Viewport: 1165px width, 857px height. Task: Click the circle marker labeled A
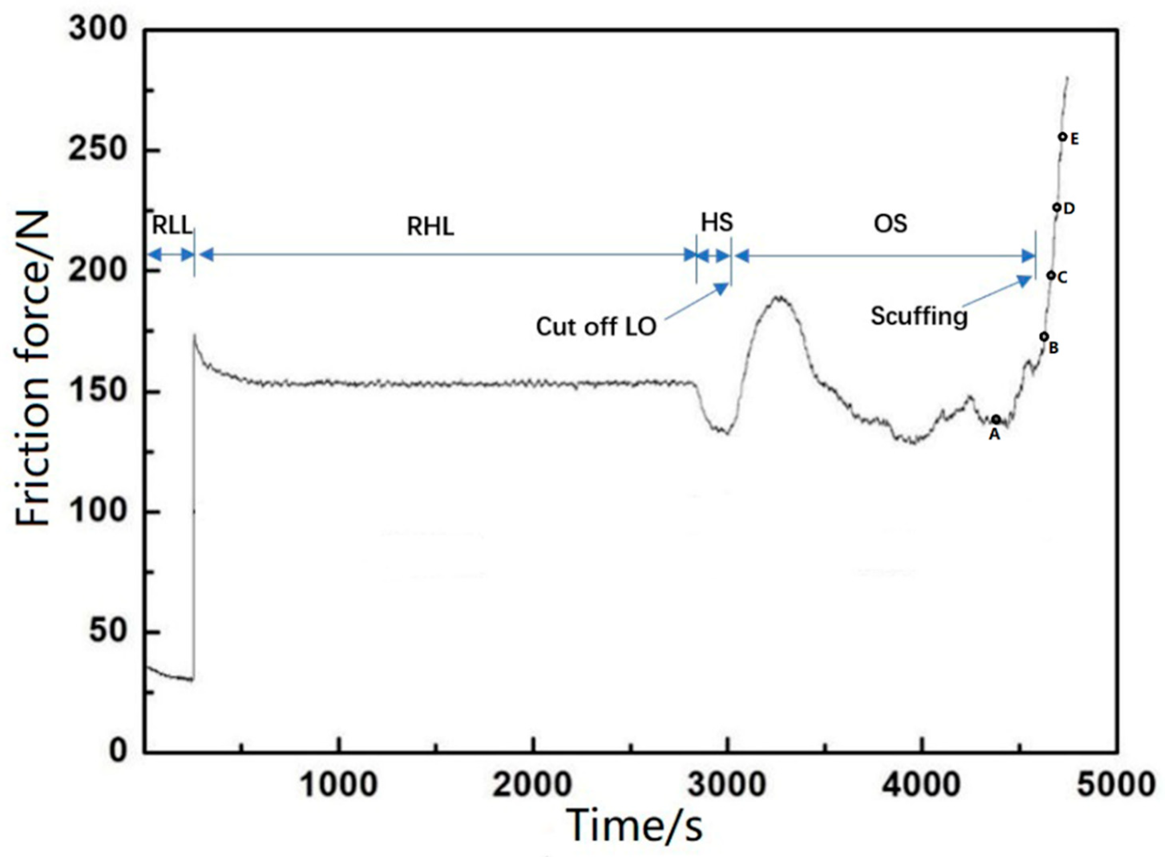coord(995,419)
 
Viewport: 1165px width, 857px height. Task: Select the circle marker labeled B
coord(1044,337)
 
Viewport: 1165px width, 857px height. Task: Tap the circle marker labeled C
coord(1050,276)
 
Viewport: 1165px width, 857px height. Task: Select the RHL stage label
coord(430,227)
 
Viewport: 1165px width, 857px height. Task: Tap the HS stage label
coord(717,223)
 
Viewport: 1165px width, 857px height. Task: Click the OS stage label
coord(890,224)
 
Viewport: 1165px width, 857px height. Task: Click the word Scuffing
coord(919,316)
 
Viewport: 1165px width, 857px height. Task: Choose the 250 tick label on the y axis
coord(98,150)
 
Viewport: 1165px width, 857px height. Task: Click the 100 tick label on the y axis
coord(98,511)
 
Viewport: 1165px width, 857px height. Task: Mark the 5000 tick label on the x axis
coord(1116,784)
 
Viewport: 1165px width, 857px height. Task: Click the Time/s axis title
coord(635,825)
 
